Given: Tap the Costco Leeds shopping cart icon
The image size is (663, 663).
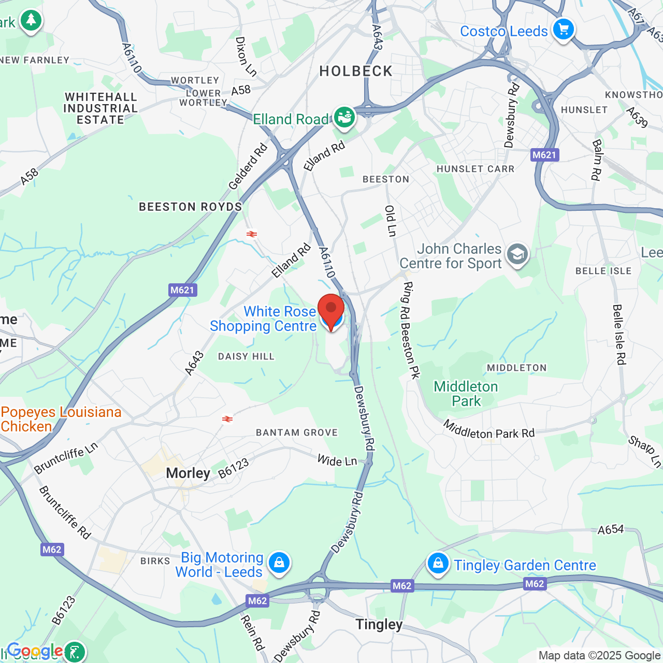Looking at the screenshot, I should (x=563, y=30).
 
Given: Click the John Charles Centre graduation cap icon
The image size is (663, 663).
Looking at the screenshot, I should (x=517, y=254).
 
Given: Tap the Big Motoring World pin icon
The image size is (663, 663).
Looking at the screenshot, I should (x=279, y=563).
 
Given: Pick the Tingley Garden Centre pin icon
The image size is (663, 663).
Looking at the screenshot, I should (x=438, y=564).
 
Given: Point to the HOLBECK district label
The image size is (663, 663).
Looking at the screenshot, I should (x=356, y=71).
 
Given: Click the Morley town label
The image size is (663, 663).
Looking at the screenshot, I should (x=188, y=473).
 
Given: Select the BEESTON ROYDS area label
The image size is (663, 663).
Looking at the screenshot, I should (x=191, y=207).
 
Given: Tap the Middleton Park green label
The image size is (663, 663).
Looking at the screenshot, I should (x=466, y=394).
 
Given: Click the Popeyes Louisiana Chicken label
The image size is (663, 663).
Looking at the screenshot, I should (x=61, y=419).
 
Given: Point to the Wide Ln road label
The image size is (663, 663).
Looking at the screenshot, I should (x=337, y=460).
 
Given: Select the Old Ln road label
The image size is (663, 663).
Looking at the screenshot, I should (x=391, y=221).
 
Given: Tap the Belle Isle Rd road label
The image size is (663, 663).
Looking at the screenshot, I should (x=619, y=335).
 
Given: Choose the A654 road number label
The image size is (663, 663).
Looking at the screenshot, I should (x=611, y=530).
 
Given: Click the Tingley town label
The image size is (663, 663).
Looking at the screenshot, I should (x=379, y=625).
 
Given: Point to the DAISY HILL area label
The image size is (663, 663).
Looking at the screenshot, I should (x=246, y=356).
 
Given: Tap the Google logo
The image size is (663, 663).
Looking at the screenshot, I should (x=35, y=651).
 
